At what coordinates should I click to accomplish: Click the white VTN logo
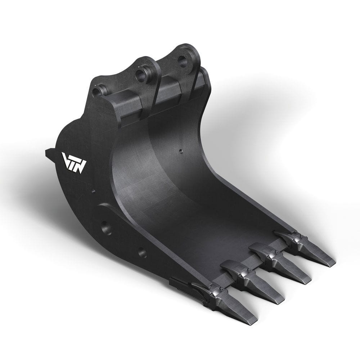74,163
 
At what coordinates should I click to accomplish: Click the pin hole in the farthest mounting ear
183,62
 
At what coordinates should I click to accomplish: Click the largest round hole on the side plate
106,228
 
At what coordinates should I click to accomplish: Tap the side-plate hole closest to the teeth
142,253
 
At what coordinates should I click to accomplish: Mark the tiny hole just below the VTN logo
93,191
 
